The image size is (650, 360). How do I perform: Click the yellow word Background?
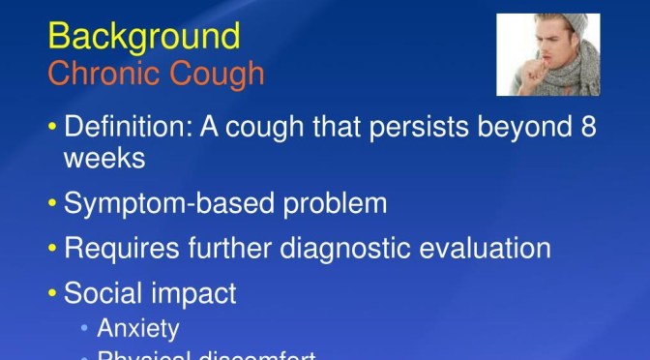[143, 36]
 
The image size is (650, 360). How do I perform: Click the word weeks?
[105, 159]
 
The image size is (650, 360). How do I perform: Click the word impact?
[201, 292]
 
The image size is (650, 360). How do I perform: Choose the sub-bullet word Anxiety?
[138, 328]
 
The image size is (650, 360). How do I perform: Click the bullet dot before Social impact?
[52, 292]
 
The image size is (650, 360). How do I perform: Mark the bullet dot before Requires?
[52, 248]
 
